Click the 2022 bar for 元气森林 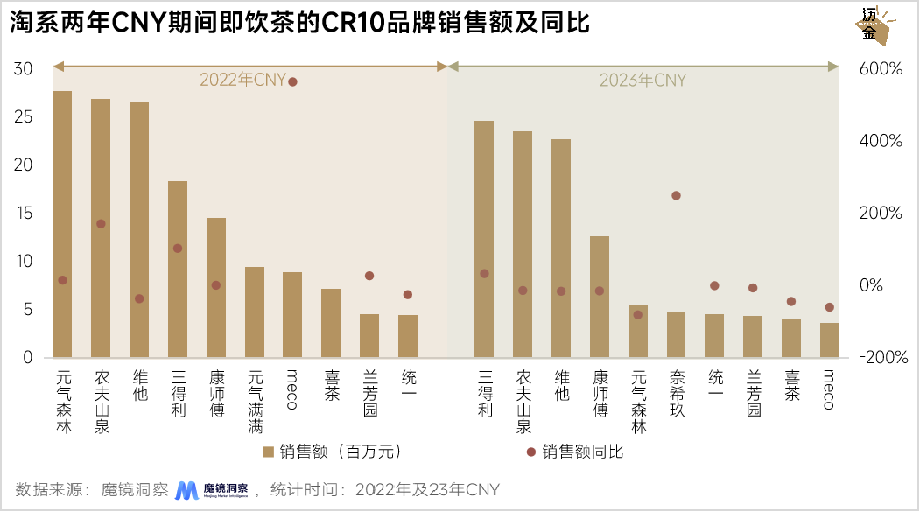click(62, 224)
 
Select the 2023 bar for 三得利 click(483, 239)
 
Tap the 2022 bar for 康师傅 click(216, 287)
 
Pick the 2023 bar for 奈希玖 click(676, 334)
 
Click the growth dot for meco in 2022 click(292, 81)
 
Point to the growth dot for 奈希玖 click(676, 195)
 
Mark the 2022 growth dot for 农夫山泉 click(101, 224)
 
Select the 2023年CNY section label click(643, 81)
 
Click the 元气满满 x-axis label click(255, 402)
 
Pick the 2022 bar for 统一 click(408, 336)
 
